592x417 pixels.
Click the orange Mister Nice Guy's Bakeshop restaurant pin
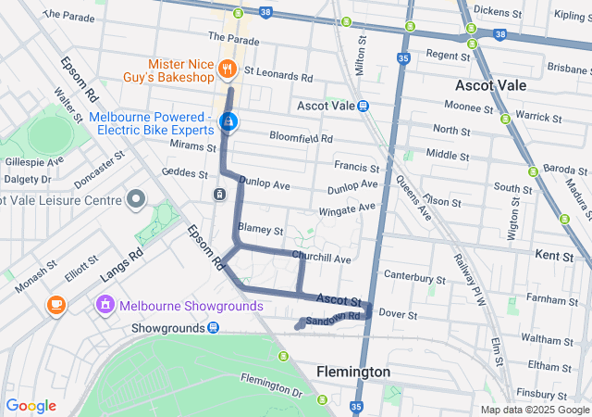[x=226, y=68]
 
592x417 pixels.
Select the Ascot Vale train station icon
[x=364, y=107]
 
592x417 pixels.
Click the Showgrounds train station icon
[x=214, y=328]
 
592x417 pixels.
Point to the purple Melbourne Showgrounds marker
[x=105, y=304]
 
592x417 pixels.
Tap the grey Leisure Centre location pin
[x=137, y=199]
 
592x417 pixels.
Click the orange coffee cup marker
[x=55, y=304]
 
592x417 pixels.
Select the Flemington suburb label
[x=352, y=372]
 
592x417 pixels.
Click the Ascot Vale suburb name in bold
[x=491, y=85]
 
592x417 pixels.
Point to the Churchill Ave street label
[x=321, y=258]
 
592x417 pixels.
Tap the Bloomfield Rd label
[x=301, y=138]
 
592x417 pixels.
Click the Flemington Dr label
[x=271, y=385]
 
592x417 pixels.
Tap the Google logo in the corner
[x=31, y=406]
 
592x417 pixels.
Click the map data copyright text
[x=534, y=410]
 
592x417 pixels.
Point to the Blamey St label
[x=260, y=229]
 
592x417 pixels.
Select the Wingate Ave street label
[x=329, y=211]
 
